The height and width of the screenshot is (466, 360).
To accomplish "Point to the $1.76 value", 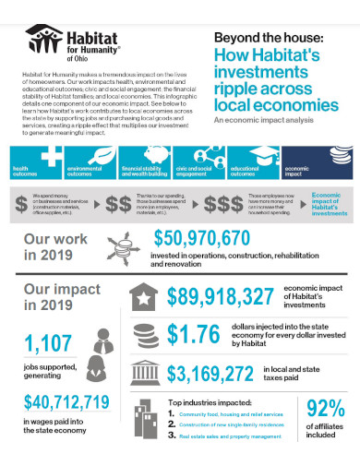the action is (195, 334).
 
